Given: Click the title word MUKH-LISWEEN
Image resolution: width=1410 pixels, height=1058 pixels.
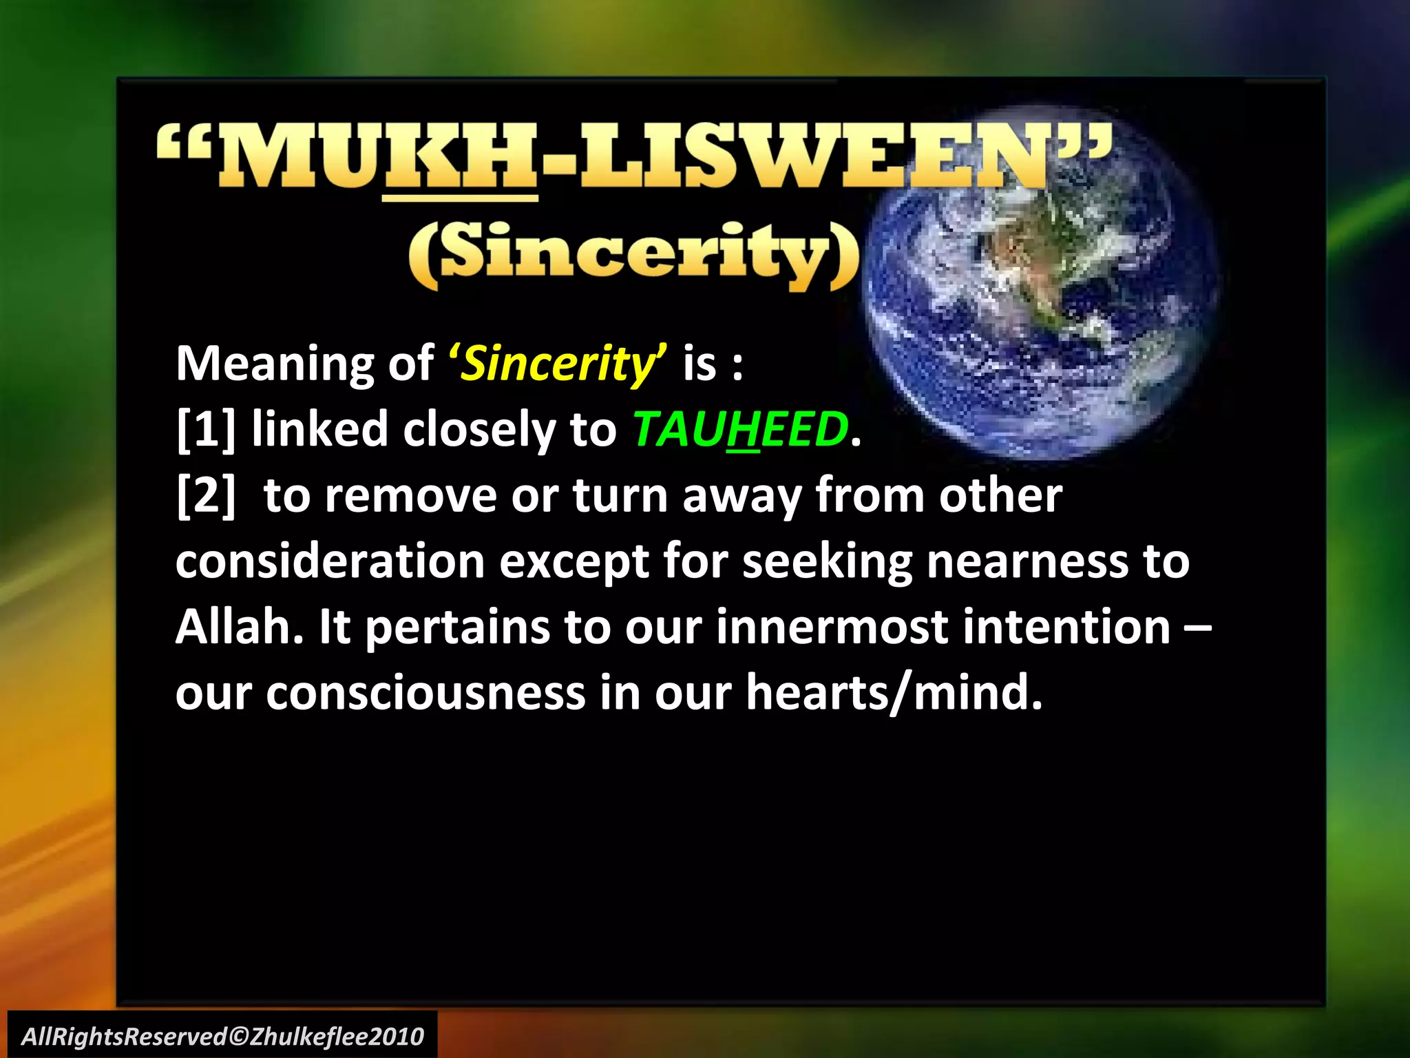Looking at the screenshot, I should [633, 157].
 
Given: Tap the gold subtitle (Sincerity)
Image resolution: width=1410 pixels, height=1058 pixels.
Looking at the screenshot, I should [633, 253].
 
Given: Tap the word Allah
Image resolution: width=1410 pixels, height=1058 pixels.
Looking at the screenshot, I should [238, 627].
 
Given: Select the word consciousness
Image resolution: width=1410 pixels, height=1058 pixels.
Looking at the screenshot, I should [425, 693].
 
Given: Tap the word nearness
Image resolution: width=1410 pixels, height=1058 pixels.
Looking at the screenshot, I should [1027, 561].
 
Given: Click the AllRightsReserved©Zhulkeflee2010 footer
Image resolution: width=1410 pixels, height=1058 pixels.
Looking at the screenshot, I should [222, 1036].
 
